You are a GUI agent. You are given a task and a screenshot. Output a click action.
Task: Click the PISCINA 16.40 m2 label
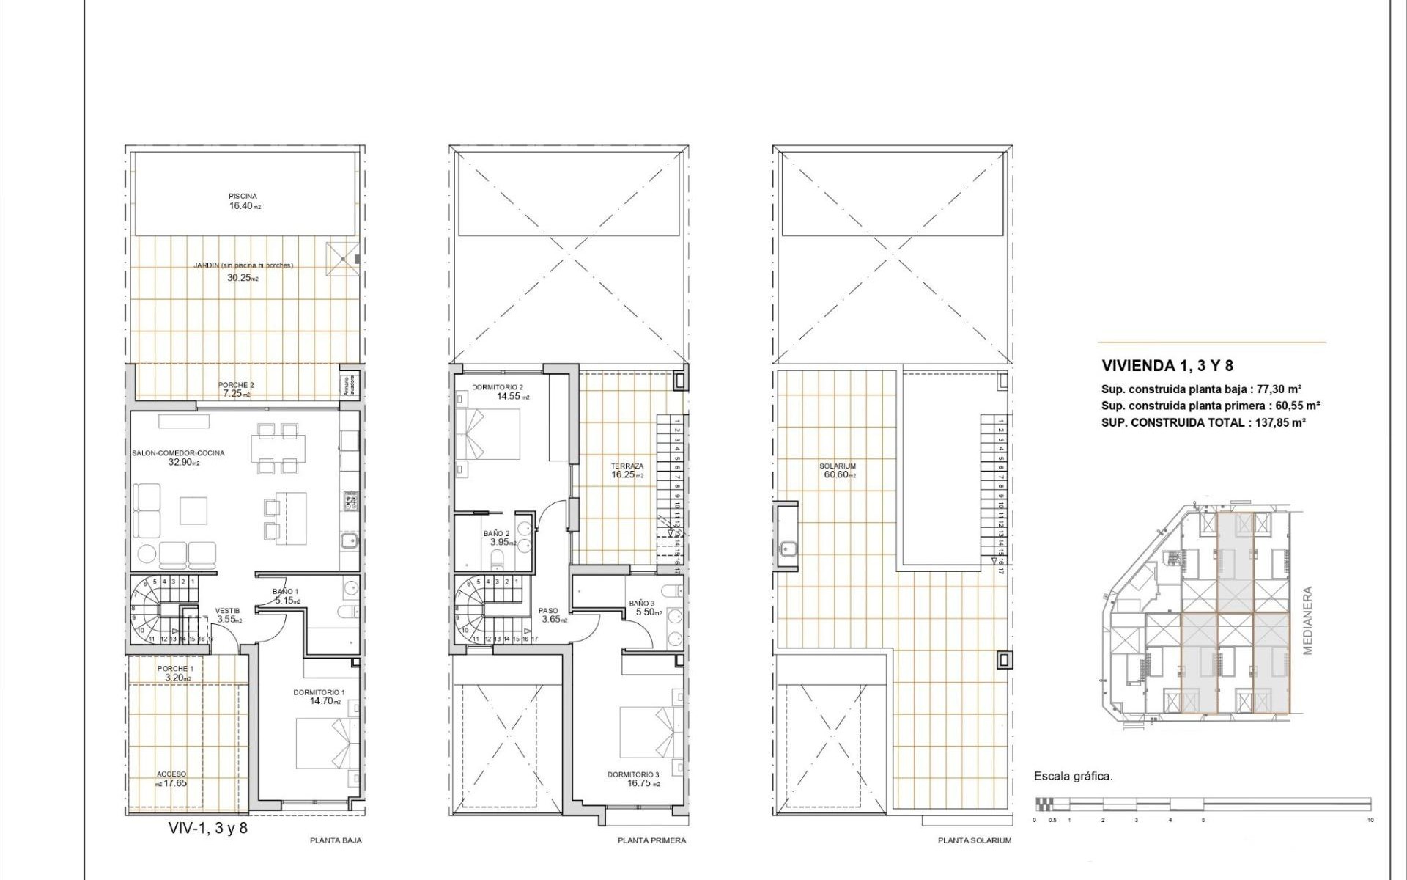[243, 202]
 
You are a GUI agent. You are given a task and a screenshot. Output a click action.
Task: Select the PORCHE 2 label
[236, 389]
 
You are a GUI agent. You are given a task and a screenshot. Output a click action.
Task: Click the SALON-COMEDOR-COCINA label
[179, 458]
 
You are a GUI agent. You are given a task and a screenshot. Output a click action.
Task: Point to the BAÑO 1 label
[285, 595]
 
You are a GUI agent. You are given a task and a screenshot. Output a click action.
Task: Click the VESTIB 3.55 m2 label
[227, 615]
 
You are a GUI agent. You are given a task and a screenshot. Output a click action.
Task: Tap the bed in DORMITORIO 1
[327, 743]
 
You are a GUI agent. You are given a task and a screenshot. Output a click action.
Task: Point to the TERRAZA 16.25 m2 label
[627, 470]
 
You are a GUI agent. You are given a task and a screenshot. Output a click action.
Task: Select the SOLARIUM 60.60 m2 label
[838, 470]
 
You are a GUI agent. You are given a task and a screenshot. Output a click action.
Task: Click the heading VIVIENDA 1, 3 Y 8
[1167, 366]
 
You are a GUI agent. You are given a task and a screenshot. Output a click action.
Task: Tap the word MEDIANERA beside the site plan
[1308, 620]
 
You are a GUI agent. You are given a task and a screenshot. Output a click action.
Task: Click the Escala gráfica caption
[1073, 776]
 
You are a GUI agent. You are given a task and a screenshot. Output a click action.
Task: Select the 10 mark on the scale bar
[1370, 820]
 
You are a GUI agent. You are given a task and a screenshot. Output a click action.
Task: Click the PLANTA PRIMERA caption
[651, 840]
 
